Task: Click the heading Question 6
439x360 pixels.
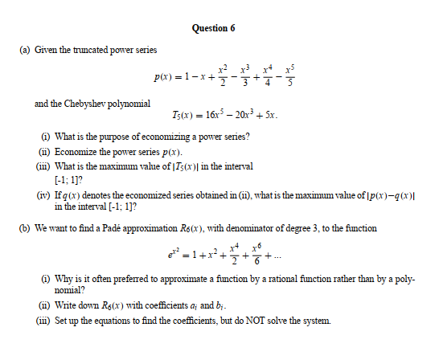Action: coord(214,28)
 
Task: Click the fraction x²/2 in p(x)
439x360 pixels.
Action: coord(226,77)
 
